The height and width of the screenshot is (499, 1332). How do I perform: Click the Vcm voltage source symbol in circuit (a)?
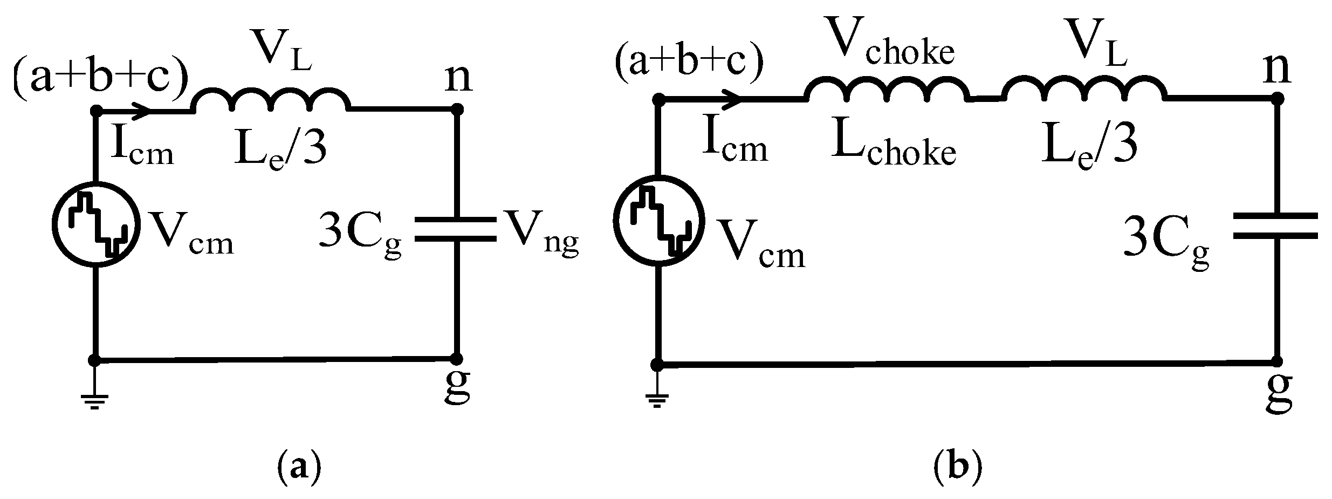[96, 224]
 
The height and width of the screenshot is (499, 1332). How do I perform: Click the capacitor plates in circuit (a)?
[456, 229]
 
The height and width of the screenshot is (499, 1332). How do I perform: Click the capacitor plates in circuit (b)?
[1276, 225]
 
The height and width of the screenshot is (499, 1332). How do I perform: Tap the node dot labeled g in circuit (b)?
[1276, 361]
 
